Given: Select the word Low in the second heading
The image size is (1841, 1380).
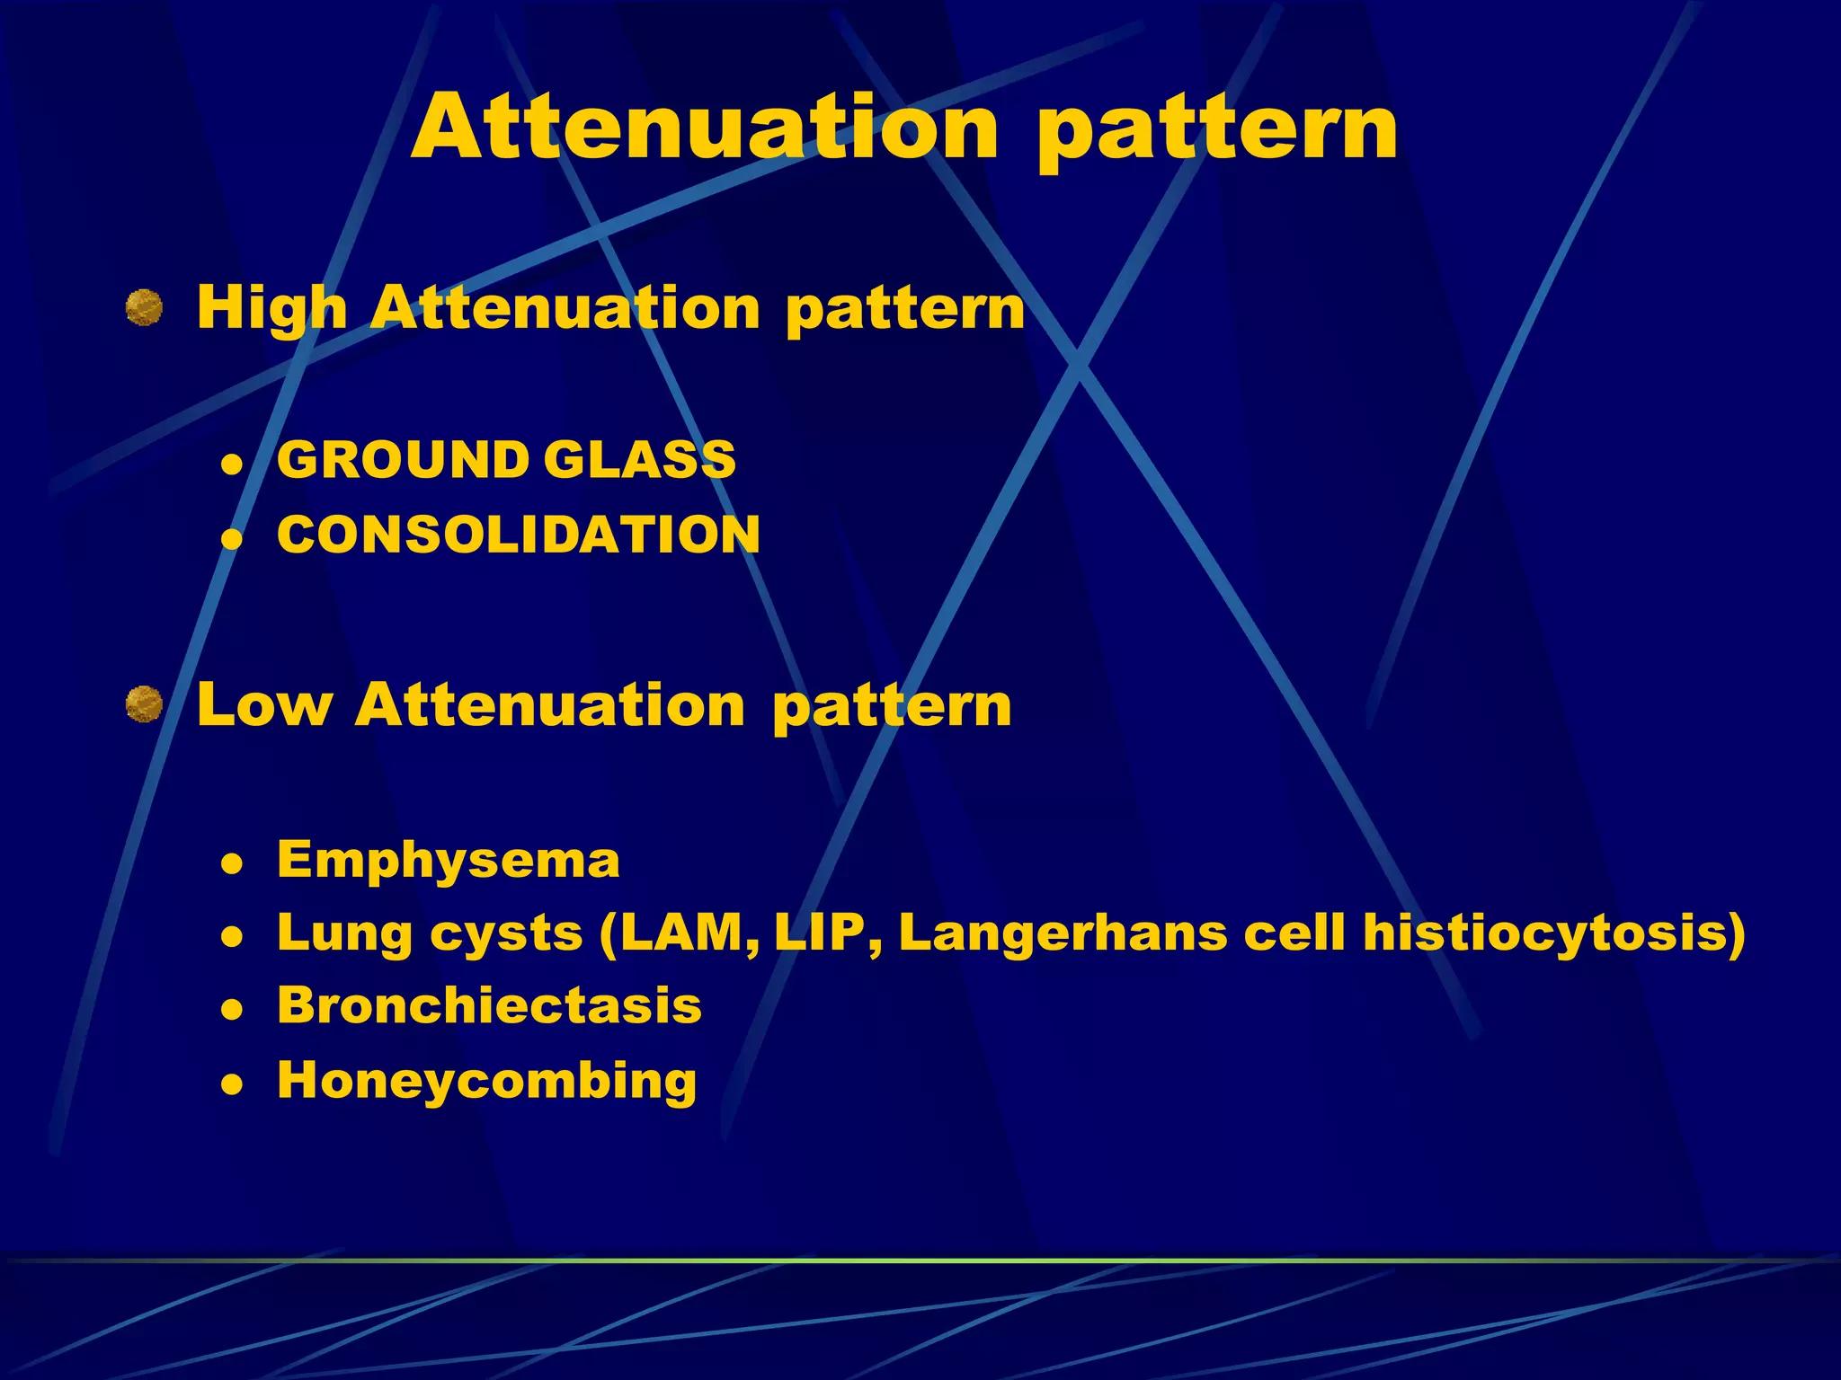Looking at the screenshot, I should pyautogui.click(x=264, y=704).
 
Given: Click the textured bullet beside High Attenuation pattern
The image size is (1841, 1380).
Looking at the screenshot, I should pyautogui.click(x=144, y=308).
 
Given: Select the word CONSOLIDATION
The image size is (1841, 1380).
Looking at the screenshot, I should pyautogui.click(x=519, y=535).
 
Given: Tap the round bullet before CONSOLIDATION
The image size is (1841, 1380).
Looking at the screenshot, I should pyautogui.click(x=233, y=539).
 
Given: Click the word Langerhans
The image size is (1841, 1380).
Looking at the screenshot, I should pyautogui.click(x=1063, y=934).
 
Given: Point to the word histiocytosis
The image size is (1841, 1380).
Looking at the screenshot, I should pyautogui.click(x=1552, y=934).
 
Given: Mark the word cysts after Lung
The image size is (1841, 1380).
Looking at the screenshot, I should pyautogui.click(x=507, y=934).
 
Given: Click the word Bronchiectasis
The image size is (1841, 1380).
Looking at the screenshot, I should pyautogui.click(x=489, y=1005).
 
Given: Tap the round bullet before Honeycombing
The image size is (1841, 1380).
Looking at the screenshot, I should pyautogui.click(x=233, y=1085).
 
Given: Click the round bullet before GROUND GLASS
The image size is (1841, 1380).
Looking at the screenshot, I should pyautogui.click(x=233, y=464).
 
